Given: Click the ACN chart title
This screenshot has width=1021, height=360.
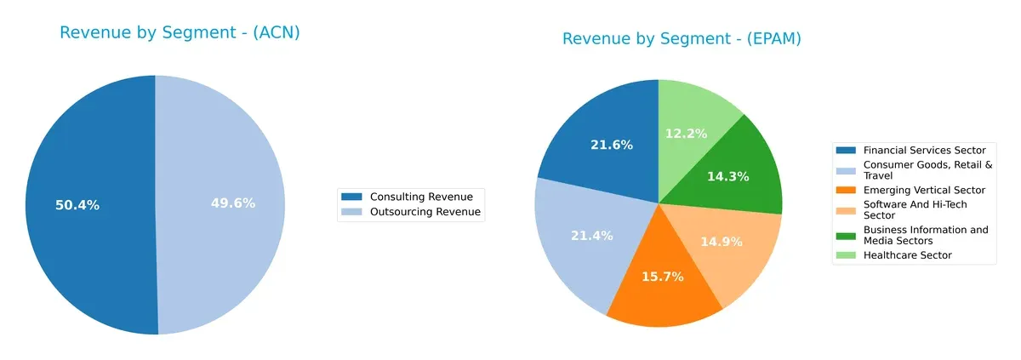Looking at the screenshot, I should pyautogui.click(x=180, y=33).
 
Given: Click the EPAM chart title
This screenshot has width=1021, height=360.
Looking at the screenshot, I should pyautogui.click(x=682, y=39).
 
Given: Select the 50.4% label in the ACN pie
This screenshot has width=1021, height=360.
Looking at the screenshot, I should pyautogui.click(x=77, y=205).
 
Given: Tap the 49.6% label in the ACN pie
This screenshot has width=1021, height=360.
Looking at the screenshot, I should pyautogui.click(x=232, y=203).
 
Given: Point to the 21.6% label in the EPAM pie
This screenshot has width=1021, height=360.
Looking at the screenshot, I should pyautogui.click(x=612, y=146).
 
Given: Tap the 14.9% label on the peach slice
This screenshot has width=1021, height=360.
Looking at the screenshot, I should pyautogui.click(x=720, y=242).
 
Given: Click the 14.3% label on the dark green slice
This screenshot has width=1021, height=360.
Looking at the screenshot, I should pyautogui.click(x=727, y=177).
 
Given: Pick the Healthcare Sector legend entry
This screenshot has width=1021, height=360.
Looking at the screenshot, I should pyautogui.click(x=907, y=255).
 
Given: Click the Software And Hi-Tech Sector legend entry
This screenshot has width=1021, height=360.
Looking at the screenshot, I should pyautogui.click(x=915, y=209).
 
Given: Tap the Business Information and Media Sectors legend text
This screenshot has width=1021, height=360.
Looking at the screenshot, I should pyautogui.click(x=926, y=235).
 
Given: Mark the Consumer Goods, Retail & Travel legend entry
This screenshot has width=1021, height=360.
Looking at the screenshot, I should pyautogui.click(x=927, y=170).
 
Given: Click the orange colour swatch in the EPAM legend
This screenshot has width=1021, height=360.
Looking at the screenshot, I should pyautogui.click(x=847, y=190).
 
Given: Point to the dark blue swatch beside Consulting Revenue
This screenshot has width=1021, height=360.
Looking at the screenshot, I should pyautogui.click(x=351, y=197).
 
